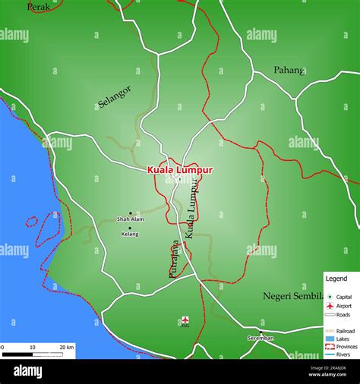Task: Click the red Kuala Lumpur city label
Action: pyautogui.click(x=180, y=171)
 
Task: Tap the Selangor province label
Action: pyautogui.click(x=115, y=97)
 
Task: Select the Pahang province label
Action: pyautogui.click(x=289, y=70)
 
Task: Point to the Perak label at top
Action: pyautogui.click(x=39, y=7)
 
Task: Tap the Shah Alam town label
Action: pyautogui.click(x=130, y=219)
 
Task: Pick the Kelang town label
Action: pyautogui.click(x=130, y=234)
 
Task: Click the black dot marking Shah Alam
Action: pyautogui.click(x=130, y=213)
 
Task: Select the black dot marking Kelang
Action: pyautogui.click(x=130, y=228)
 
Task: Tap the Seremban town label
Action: pyautogui.click(x=261, y=337)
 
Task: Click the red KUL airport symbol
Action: pyautogui.click(x=185, y=319)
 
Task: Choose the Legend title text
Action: pyautogui.click(x=336, y=279)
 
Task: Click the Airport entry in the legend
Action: pyautogui.click(x=343, y=305)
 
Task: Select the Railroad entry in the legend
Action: pyautogui.click(x=346, y=332)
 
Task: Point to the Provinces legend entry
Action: pyautogui.click(x=346, y=346)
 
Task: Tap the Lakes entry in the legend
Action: pyautogui.click(x=343, y=339)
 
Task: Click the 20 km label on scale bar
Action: pyautogui.click(x=66, y=346)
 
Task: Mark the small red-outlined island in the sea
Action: pyautogui.click(x=32, y=222)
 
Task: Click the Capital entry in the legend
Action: pyautogui.click(x=343, y=297)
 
